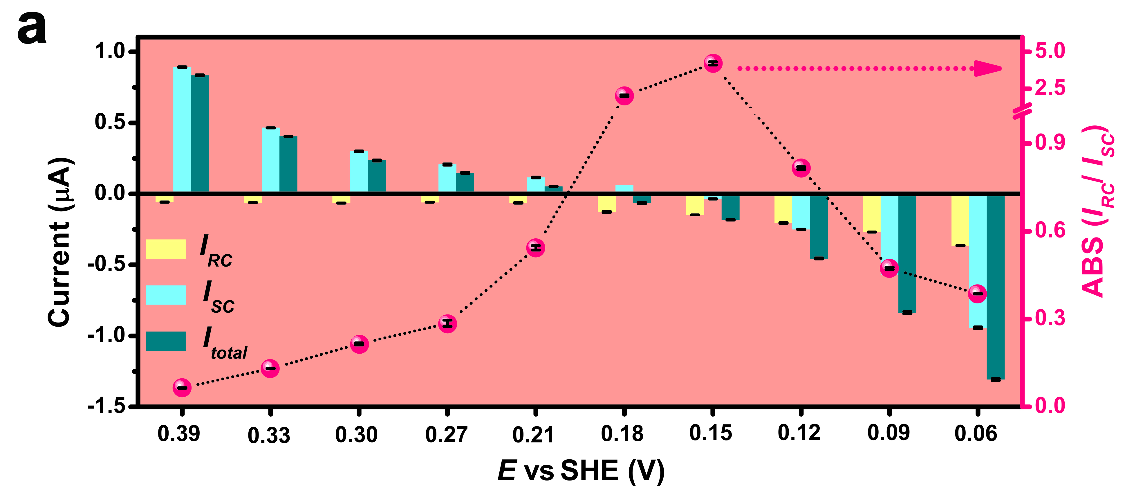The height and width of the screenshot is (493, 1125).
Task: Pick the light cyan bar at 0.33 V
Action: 270,160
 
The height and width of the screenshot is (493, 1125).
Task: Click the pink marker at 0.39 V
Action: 182,388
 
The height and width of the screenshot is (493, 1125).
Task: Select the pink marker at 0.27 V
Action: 447,324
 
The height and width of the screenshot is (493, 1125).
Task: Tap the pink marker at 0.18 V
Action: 624,96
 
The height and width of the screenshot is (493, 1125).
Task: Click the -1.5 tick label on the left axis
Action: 106,406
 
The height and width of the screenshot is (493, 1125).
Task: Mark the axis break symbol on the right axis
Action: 1022,111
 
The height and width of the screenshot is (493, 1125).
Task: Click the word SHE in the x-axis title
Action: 589,471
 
